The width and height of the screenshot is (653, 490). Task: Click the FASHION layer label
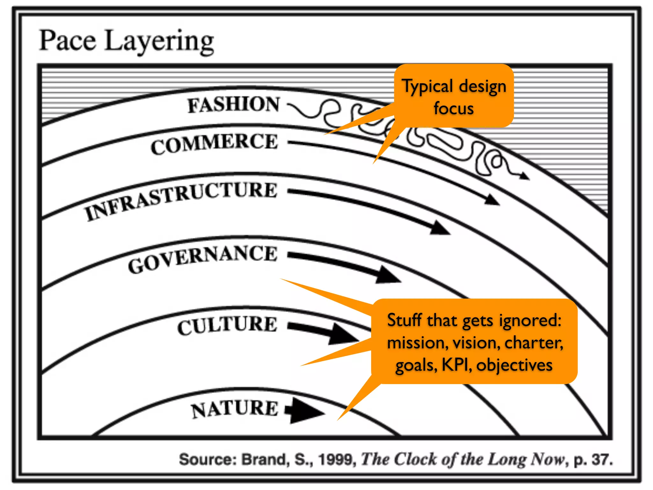[x=233, y=105]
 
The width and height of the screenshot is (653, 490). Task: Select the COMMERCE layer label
[x=214, y=144]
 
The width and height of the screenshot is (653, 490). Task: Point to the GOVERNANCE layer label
[x=203, y=259]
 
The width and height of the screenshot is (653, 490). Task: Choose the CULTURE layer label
[x=227, y=325]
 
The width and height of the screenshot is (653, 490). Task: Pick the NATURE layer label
[x=235, y=409]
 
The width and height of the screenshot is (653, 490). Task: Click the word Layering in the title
[x=159, y=42]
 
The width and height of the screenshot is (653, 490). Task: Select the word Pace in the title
[x=67, y=41]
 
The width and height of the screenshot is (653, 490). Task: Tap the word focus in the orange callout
[x=453, y=108]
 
